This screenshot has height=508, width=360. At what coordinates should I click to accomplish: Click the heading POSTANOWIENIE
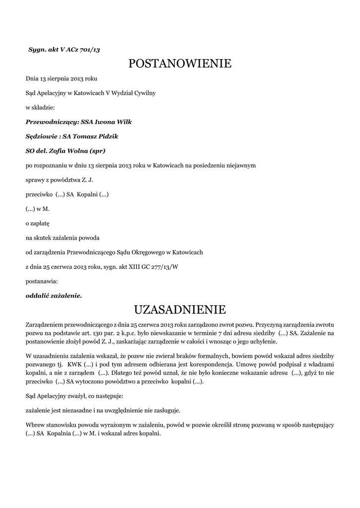coord(180,64)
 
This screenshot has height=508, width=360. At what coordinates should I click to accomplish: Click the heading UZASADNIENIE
coord(180,310)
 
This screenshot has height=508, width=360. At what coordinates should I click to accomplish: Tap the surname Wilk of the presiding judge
coord(123,122)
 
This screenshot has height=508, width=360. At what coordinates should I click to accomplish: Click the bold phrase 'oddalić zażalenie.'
coord(54,296)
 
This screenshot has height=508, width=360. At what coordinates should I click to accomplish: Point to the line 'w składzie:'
coord(40,107)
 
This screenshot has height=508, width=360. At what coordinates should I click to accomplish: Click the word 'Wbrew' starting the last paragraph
coord(34,425)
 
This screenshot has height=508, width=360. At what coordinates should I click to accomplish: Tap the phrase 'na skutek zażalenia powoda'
coord(63,238)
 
